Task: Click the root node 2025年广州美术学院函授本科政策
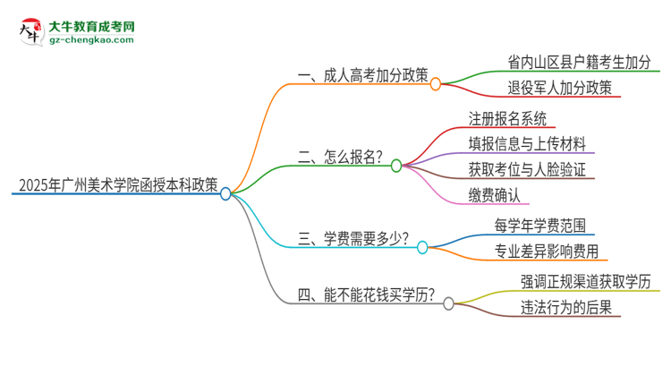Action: [117, 185]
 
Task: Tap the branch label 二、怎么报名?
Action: [340, 158]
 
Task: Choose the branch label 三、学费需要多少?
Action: [354, 239]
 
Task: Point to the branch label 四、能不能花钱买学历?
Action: [367, 294]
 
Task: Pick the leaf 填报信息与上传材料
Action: [528, 143]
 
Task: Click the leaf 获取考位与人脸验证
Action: [528, 168]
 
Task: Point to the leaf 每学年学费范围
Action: [540, 224]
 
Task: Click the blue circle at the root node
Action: [225, 192]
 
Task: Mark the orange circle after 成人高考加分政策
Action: [436, 84]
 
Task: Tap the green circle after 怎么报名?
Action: [396, 166]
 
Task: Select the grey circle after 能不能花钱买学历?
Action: [448, 303]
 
